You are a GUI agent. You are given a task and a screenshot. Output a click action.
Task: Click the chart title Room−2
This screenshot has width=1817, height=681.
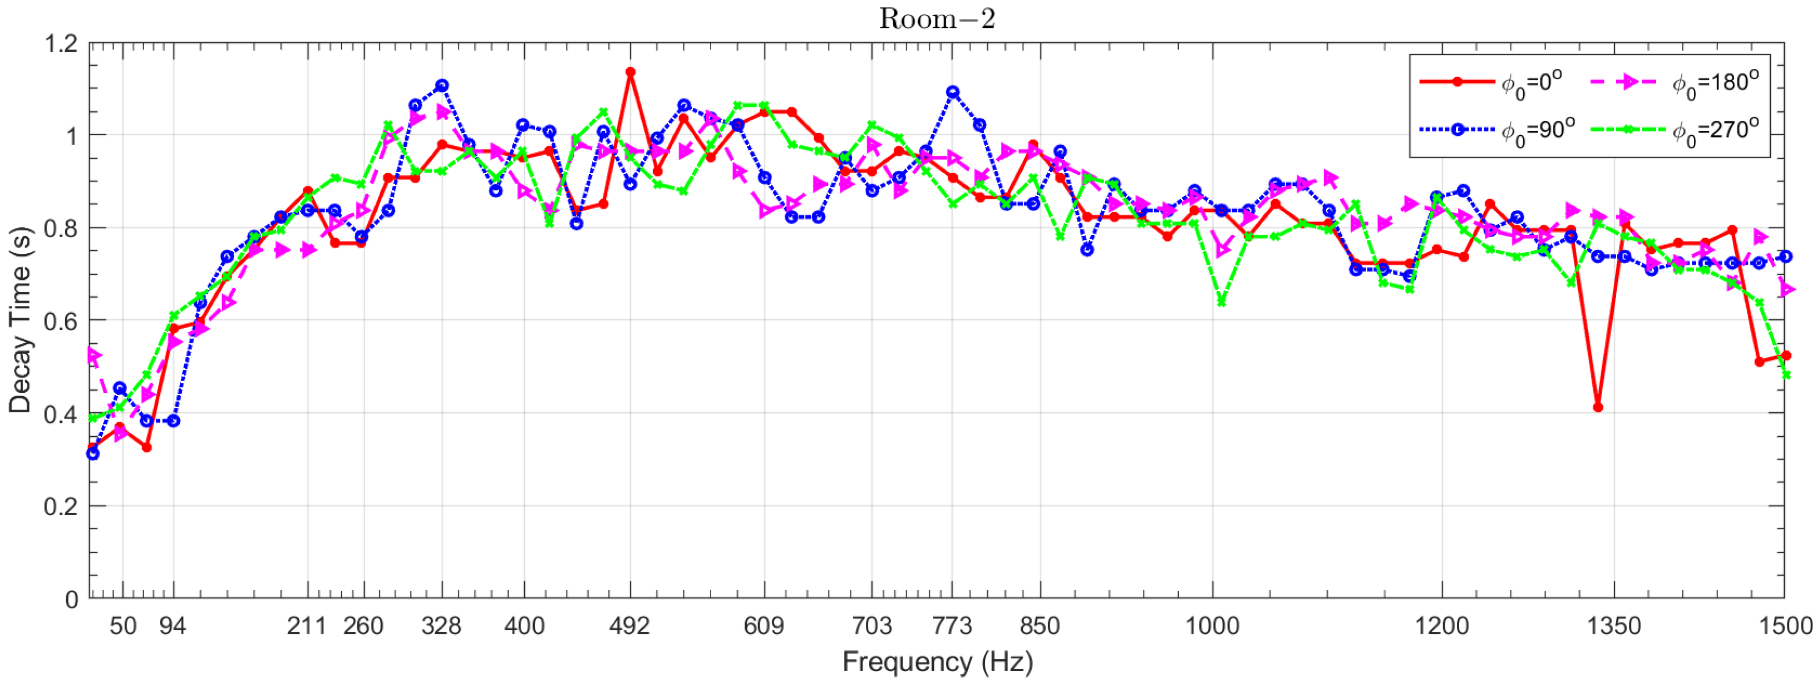tap(937, 18)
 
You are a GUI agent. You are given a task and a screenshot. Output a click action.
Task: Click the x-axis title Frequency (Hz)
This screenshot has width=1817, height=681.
tap(937, 662)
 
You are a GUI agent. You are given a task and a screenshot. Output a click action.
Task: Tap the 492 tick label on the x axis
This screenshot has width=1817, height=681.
tap(630, 625)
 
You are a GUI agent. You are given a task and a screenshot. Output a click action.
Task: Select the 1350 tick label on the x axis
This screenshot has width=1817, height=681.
tap(1614, 625)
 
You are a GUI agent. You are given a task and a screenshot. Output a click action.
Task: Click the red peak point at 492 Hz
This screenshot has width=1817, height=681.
tap(631, 72)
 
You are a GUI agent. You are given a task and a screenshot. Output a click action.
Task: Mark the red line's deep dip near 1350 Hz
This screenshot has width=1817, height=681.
tap(1598, 407)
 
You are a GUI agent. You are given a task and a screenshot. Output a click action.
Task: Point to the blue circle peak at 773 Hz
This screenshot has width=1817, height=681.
tap(953, 92)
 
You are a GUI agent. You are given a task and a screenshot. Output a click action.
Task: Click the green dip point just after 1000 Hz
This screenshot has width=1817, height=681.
tap(1222, 303)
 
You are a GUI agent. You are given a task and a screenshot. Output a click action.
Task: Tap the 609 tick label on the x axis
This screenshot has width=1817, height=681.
tap(764, 625)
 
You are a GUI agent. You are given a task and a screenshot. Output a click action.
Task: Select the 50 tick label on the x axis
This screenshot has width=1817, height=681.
tap(123, 625)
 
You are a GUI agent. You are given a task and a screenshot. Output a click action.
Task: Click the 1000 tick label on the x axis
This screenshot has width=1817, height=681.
tap(1213, 625)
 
